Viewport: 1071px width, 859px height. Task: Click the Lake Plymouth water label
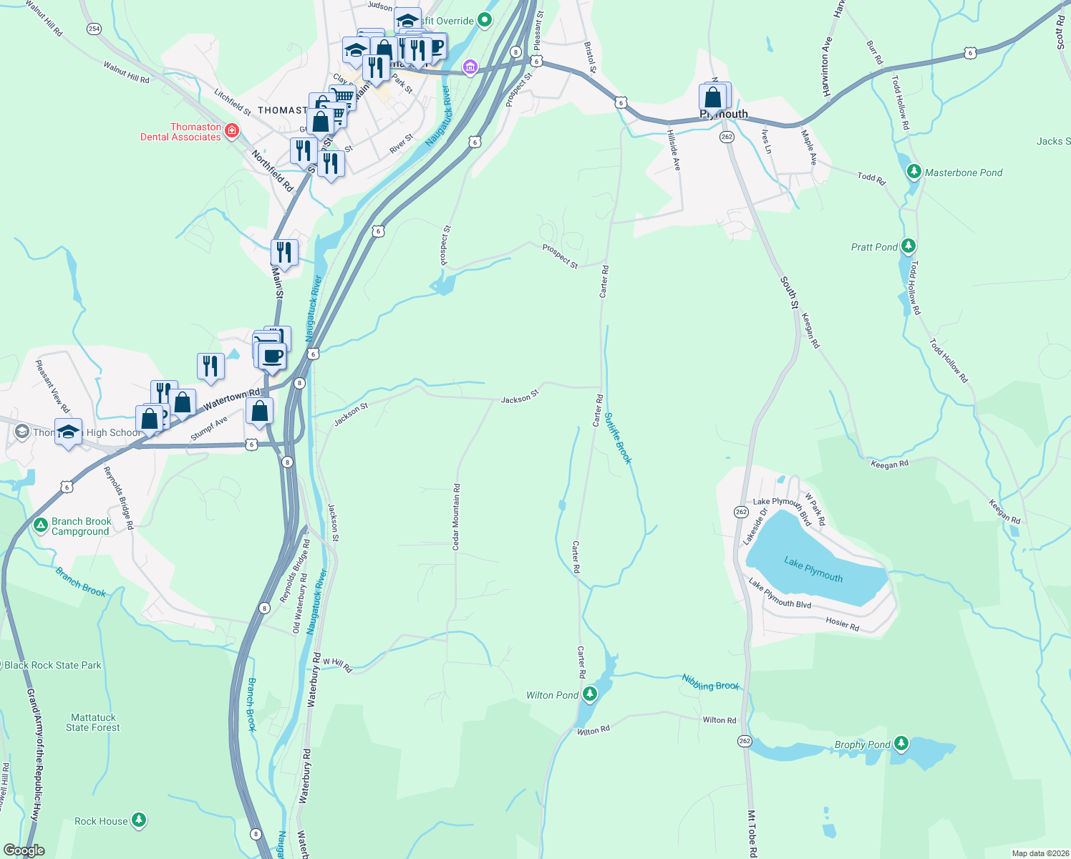coord(813,570)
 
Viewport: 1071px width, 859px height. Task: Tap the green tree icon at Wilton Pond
coord(589,694)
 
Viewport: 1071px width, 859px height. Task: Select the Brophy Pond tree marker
coord(901,744)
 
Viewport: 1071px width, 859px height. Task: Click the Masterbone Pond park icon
coord(913,172)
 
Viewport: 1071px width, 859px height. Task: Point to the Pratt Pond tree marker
coord(908,246)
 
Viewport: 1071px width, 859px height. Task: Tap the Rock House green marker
coord(139,820)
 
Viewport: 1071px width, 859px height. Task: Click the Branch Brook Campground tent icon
coord(40,526)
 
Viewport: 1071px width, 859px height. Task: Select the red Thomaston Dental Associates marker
coord(231,131)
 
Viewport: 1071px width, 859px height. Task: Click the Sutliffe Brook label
coord(618,438)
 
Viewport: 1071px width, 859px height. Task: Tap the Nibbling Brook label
coord(710,682)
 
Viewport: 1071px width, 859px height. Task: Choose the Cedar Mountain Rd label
coord(456,517)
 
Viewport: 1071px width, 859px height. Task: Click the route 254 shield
coord(94,29)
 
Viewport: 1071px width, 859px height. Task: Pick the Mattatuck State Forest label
coord(93,722)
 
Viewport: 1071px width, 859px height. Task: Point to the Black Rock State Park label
coord(53,665)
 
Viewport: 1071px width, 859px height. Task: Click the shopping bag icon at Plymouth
coord(713,97)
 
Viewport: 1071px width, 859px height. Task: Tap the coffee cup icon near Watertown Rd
coord(272,355)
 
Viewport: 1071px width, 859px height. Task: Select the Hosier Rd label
coord(842,623)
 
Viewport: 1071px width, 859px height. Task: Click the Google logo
coord(24,850)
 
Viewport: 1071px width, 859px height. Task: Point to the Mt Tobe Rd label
coord(752,834)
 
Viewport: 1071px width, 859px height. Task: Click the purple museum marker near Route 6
coord(470,68)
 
